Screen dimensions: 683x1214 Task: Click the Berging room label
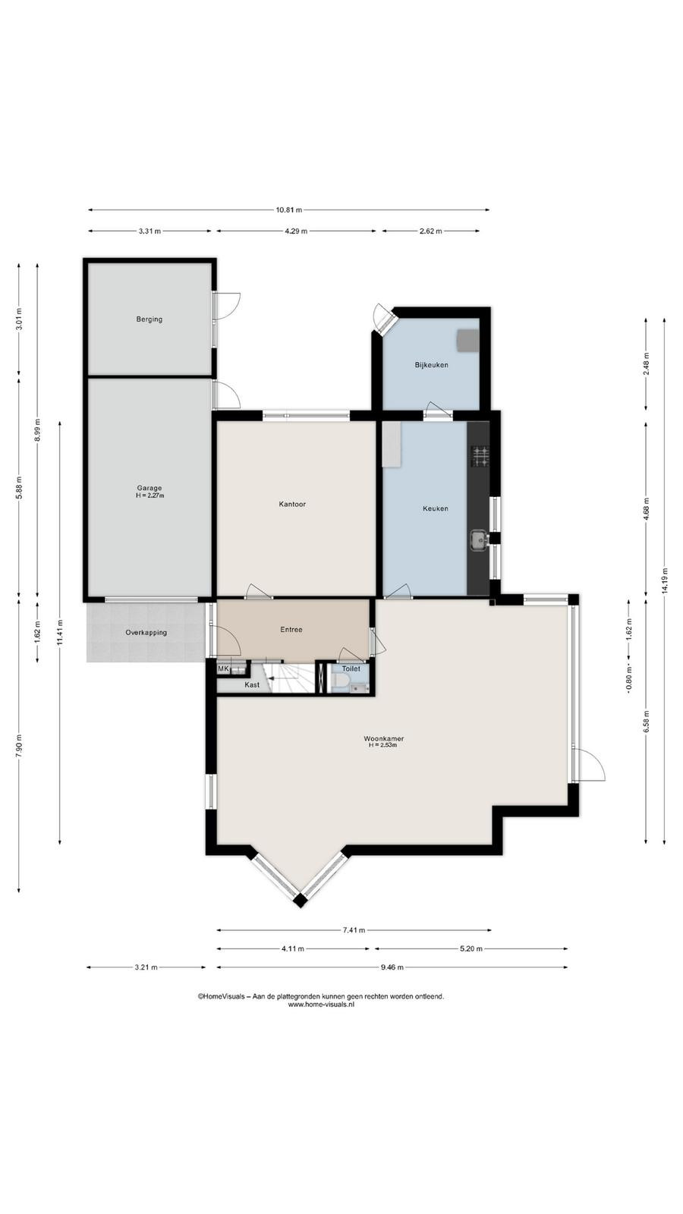(x=149, y=319)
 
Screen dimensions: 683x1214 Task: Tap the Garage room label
(x=149, y=488)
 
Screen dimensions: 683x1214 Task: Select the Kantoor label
(x=292, y=504)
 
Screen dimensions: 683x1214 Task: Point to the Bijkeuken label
(x=432, y=365)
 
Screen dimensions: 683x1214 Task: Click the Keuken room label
(x=436, y=508)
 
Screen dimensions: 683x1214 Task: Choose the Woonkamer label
(x=384, y=738)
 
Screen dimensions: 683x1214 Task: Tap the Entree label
(x=291, y=629)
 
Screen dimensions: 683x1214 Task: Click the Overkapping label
(x=146, y=633)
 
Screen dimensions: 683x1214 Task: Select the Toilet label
(x=351, y=668)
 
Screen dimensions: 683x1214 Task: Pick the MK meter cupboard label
(x=223, y=668)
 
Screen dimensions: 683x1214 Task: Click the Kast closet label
(x=252, y=684)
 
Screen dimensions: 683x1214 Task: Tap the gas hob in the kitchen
(x=480, y=456)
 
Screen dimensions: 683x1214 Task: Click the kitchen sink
(x=478, y=539)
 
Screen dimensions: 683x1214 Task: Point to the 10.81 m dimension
(x=289, y=209)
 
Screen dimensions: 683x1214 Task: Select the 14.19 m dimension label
(x=665, y=580)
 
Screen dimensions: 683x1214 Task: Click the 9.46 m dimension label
(x=392, y=967)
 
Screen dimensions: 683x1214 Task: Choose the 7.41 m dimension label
(x=354, y=930)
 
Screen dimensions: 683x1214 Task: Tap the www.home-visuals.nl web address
(x=321, y=1005)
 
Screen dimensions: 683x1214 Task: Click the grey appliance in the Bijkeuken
(x=467, y=340)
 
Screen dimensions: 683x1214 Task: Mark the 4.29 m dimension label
(x=296, y=231)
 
